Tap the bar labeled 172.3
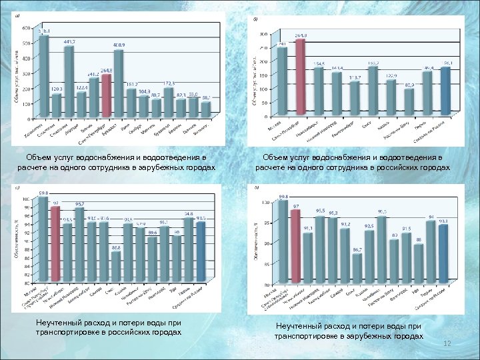168,103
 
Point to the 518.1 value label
43,31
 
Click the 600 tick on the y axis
26,28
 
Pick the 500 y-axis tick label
26,43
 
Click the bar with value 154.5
319,91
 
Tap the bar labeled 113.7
355,96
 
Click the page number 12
448,343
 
